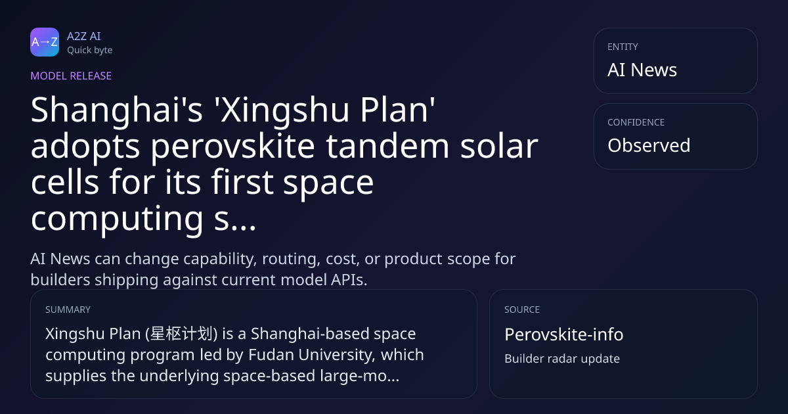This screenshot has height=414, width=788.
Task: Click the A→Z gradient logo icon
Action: [x=45, y=42]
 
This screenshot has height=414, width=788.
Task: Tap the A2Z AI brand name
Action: [x=84, y=36]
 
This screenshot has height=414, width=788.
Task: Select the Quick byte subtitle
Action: [x=90, y=51]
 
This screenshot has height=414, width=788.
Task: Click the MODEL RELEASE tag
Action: [x=71, y=76]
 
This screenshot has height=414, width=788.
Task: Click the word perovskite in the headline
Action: [x=233, y=147]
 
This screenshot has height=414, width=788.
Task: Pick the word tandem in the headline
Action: [x=387, y=145]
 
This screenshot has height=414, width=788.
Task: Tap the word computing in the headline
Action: [x=117, y=219]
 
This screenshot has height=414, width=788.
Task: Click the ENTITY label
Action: [x=623, y=47]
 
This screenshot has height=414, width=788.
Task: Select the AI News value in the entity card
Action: [x=642, y=70]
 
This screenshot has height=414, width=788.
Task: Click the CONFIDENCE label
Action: [x=636, y=122]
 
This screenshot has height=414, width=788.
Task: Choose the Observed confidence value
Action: [x=649, y=145]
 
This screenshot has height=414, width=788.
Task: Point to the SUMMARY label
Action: [x=68, y=310]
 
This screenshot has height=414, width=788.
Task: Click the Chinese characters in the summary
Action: [x=181, y=334]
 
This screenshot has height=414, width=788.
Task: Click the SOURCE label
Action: [x=522, y=310]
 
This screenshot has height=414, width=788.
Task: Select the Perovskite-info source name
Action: [x=564, y=334]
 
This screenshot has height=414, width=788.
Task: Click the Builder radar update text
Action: [x=562, y=359]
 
